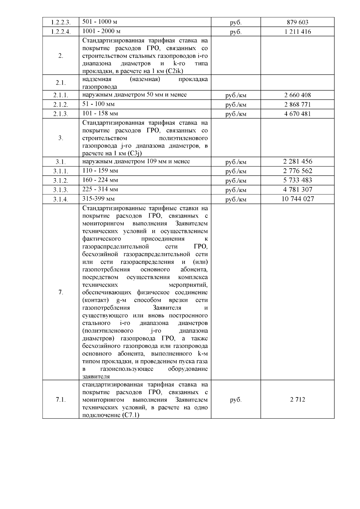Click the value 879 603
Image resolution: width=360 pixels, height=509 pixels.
(297, 22)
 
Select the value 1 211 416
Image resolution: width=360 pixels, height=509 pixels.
(297, 31)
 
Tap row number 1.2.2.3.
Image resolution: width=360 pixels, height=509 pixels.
(61, 22)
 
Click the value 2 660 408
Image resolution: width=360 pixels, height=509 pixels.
(297, 95)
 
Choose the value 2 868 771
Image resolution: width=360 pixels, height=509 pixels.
(297, 104)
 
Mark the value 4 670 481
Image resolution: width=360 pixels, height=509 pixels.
(297, 114)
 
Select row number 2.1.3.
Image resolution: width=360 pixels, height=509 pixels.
(61, 114)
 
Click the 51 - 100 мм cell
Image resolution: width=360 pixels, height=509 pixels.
(98, 104)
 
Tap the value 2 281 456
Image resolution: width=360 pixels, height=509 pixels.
(297, 162)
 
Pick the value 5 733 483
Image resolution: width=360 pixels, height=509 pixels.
(297, 180)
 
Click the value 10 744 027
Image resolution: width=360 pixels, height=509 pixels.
(297, 199)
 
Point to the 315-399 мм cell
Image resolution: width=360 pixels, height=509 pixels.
(98, 199)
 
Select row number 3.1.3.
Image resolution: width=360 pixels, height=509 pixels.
(61, 190)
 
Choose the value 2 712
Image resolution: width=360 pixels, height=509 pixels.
(297, 400)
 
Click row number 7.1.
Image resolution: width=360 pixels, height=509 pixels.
(61, 400)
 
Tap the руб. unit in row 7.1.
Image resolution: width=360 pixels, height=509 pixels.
(235, 400)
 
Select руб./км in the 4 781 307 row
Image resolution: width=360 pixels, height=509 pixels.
(235, 190)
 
